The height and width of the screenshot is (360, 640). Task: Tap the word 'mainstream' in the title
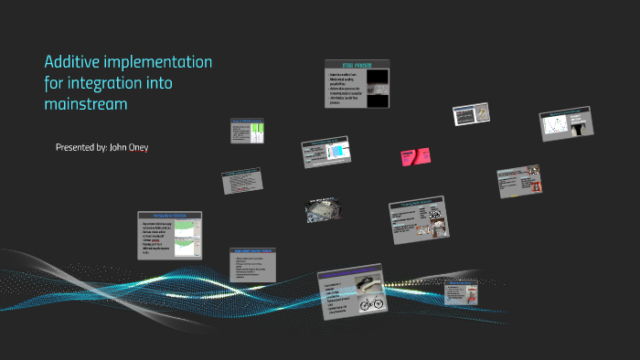click(86, 104)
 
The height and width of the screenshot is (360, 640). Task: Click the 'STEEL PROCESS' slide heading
click(357, 66)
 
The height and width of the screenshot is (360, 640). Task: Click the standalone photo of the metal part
click(324, 209)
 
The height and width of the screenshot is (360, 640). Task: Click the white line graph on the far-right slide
click(556, 127)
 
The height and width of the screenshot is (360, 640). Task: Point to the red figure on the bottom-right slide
click(473, 293)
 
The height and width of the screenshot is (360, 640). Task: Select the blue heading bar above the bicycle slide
click(356, 274)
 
